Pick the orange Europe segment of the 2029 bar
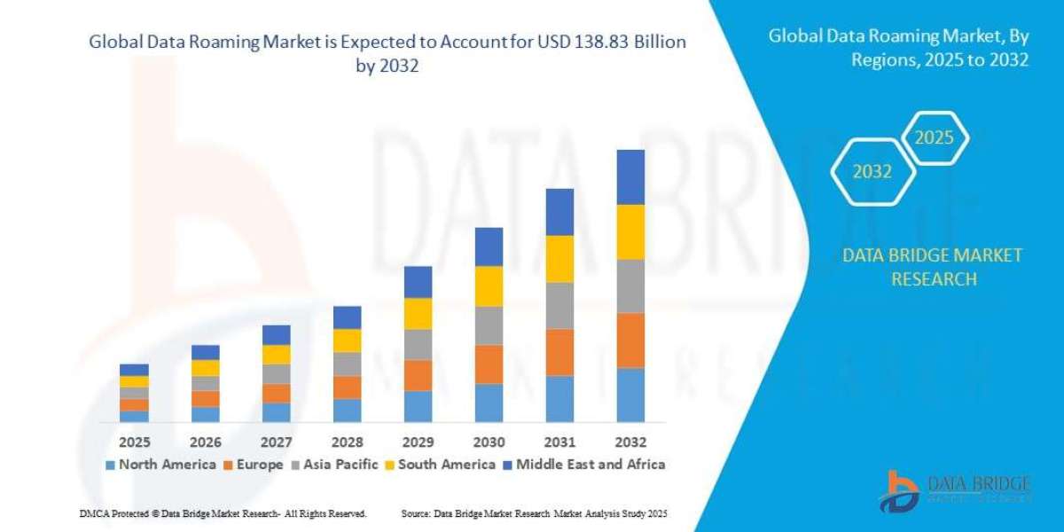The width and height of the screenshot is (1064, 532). [418, 375]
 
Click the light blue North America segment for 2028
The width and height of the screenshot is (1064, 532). [347, 410]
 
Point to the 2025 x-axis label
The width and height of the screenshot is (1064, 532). [134, 442]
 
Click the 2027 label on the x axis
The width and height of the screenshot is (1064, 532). [276, 442]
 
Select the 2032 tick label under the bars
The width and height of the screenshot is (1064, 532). [630, 442]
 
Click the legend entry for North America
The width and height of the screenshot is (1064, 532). [160, 464]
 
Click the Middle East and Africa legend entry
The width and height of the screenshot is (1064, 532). [584, 464]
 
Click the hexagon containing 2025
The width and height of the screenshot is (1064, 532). [934, 139]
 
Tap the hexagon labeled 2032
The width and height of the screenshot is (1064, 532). [872, 172]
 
